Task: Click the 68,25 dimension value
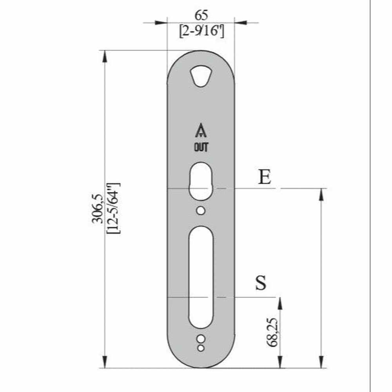272,332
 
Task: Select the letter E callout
265,178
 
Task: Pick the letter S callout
261,283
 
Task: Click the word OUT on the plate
201,148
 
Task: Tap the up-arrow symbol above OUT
201,131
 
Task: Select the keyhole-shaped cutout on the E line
201,180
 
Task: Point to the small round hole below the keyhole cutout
201,211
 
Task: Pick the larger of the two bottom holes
201,339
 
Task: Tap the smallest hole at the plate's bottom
201,348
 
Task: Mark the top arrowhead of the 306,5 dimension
105,56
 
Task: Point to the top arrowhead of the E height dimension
321,194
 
